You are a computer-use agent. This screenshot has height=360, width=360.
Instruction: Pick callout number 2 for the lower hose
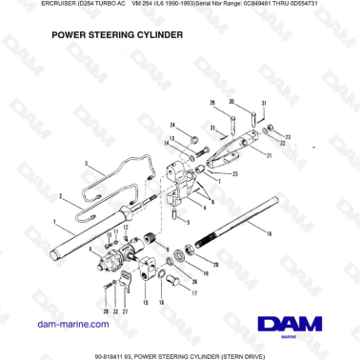[x=60, y=198]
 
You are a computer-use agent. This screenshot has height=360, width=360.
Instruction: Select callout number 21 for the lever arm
[x=270, y=154]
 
